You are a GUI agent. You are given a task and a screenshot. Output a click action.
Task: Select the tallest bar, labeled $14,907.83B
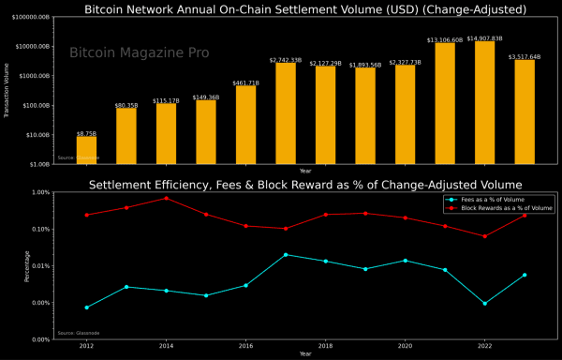click(x=484, y=103)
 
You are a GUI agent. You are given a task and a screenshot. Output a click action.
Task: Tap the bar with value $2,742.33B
click(x=286, y=113)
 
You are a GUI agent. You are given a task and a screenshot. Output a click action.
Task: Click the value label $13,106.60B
click(x=445, y=39)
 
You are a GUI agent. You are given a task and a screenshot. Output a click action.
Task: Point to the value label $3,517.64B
click(x=525, y=57)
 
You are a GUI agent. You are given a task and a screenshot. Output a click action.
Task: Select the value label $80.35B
click(x=126, y=106)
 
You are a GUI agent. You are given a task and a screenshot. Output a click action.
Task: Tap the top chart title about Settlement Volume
click(x=305, y=9)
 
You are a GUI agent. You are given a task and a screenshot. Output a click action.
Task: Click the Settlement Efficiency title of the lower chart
click(x=305, y=184)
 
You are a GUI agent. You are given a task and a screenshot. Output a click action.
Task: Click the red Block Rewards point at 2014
click(x=166, y=198)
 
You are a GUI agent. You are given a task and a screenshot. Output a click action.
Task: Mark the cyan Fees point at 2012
click(x=86, y=307)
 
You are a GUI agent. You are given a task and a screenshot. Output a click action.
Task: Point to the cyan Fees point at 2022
click(x=484, y=303)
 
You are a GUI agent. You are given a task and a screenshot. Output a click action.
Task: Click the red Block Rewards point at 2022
click(x=484, y=236)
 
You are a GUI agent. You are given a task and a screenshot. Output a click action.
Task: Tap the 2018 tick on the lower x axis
click(x=325, y=346)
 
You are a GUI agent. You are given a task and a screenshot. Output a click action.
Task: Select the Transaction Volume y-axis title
click(x=7, y=90)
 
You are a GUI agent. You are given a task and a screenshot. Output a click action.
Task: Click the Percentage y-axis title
click(x=7, y=265)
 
